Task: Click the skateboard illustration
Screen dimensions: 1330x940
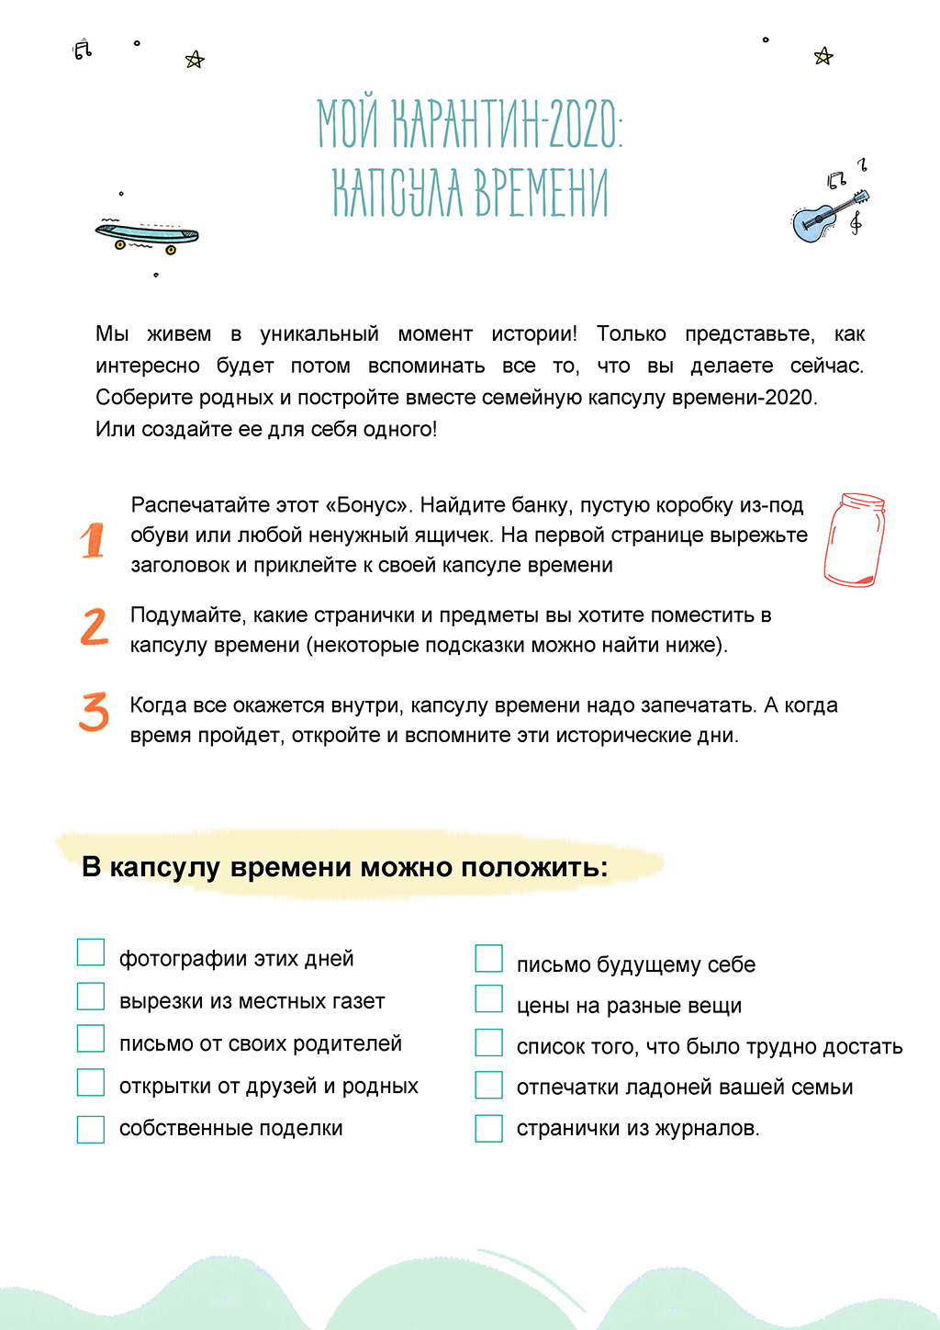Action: tap(147, 235)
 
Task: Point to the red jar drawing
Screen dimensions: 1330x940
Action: tap(855, 539)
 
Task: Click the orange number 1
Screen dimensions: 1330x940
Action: tap(93, 540)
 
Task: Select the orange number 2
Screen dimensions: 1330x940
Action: tap(94, 627)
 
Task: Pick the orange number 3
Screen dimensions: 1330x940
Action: tap(94, 712)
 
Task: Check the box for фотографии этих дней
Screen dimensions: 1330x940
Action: tap(91, 952)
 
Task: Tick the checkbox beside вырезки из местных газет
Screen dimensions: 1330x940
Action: tap(91, 996)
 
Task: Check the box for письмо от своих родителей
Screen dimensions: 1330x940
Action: tap(91, 1038)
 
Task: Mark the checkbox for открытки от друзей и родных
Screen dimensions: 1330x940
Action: tap(91, 1082)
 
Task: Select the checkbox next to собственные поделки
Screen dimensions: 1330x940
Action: tap(91, 1129)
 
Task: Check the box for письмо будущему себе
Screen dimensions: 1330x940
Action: tap(488, 958)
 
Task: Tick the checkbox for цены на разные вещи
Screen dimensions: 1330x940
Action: tap(488, 999)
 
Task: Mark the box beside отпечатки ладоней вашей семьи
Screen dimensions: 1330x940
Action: tap(488, 1085)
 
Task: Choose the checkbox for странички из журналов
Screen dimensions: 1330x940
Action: tap(488, 1128)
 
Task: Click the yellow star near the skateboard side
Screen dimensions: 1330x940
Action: tap(195, 61)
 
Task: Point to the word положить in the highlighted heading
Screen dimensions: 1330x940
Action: tap(533, 867)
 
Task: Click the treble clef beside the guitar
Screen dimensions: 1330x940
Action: tap(856, 221)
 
